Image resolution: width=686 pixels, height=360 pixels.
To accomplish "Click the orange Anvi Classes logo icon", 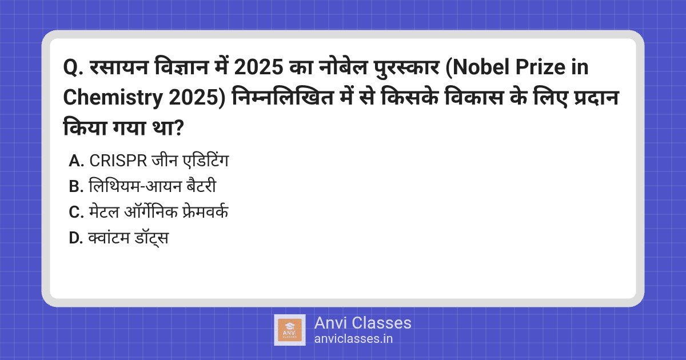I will tap(289, 330).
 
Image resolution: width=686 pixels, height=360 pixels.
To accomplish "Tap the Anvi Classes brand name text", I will tap(362, 323).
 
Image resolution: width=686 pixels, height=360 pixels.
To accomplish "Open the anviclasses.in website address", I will tap(353, 338).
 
